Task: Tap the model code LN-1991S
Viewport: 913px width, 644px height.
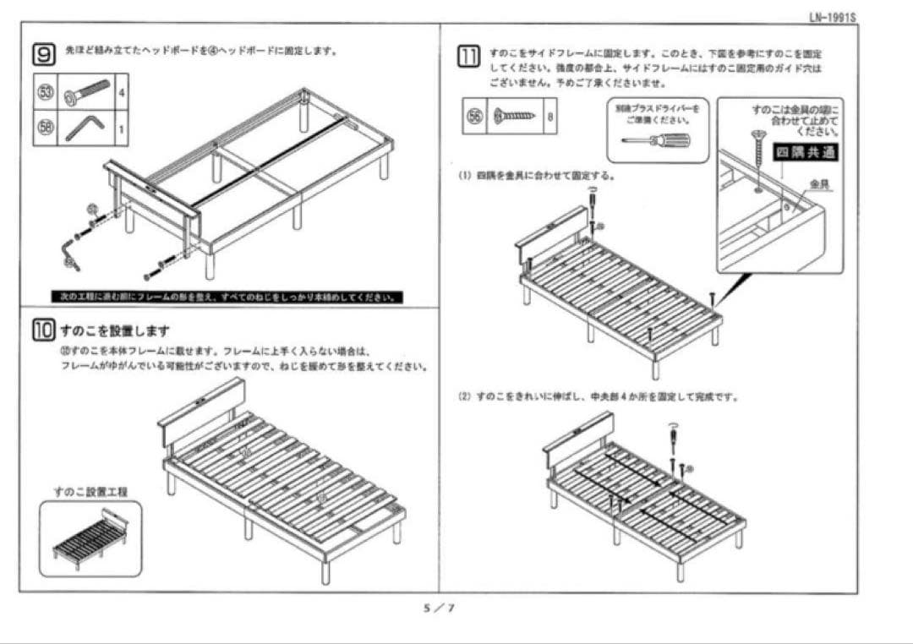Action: [x=832, y=17]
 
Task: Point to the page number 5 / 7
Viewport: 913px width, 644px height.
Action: [x=439, y=608]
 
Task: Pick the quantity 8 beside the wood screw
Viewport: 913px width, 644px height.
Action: [x=550, y=117]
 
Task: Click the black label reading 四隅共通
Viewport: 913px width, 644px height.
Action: [x=806, y=152]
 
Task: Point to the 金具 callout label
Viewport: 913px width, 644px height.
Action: [x=819, y=183]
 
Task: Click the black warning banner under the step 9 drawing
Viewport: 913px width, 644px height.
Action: [x=227, y=297]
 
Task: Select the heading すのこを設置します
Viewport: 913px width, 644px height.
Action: [x=115, y=330]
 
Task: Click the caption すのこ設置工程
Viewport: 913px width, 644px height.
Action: [x=91, y=491]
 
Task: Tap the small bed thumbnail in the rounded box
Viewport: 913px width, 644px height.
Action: [x=90, y=538]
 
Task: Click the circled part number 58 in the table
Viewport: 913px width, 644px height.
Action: [x=46, y=128]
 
